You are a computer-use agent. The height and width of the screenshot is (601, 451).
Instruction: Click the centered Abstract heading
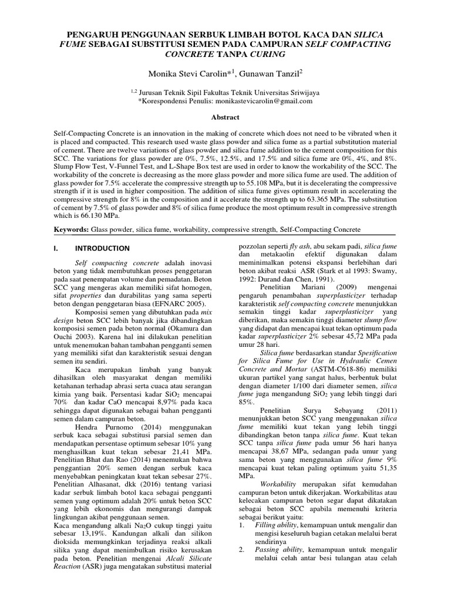225,117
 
